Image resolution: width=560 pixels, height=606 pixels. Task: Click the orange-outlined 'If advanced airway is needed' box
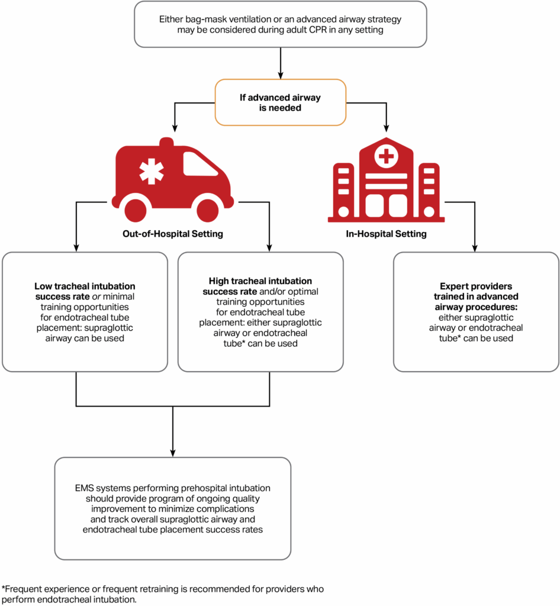click(280, 102)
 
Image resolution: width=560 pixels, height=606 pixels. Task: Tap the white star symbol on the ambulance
click(152, 171)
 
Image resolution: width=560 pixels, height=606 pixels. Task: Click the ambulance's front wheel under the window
click(207, 210)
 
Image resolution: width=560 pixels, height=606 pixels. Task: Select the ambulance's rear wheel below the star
click(136, 210)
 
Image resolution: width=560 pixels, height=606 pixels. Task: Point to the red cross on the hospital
click(386, 157)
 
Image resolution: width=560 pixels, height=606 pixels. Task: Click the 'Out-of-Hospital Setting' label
click(172, 234)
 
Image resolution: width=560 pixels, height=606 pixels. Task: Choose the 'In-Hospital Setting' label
click(386, 234)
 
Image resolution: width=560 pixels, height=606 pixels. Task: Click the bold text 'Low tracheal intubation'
click(85, 285)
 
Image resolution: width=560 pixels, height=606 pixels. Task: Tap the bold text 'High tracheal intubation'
click(260, 281)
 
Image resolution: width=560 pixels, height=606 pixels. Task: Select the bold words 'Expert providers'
click(476, 285)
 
